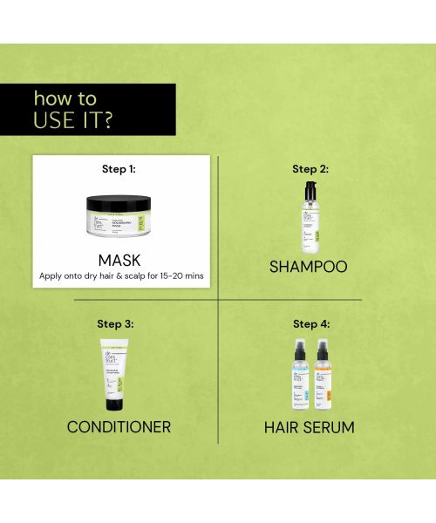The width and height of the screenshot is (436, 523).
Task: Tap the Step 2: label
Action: tap(310, 169)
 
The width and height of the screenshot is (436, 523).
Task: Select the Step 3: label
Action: tap(115, 324)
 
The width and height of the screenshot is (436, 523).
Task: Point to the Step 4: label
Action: tap(311, 324)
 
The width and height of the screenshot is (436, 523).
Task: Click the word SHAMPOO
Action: tap(308, 266)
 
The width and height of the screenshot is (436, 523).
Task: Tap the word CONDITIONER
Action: tap(119, 427)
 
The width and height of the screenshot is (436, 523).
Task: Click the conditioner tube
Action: tap(116, 375)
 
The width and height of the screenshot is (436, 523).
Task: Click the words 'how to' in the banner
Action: tap(65, 98)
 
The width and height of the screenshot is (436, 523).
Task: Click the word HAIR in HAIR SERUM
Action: tap(283, 427)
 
